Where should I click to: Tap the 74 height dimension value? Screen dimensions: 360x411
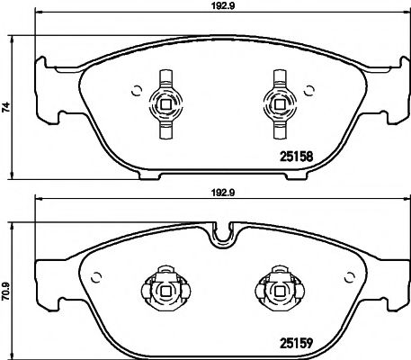(7, 106)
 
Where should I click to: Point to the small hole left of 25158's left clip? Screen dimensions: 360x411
(134, 88)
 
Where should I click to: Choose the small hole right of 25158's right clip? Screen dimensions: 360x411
(308, 88)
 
